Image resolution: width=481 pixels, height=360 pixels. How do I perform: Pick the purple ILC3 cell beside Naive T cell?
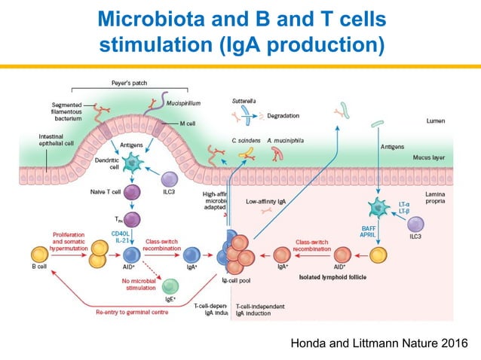tap(170, 179)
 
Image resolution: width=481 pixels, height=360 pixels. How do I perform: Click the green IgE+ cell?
tap(171, 286)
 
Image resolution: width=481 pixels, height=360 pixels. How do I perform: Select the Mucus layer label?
tap(447, 157)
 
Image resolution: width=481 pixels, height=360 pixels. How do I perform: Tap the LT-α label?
tap(403, 205)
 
